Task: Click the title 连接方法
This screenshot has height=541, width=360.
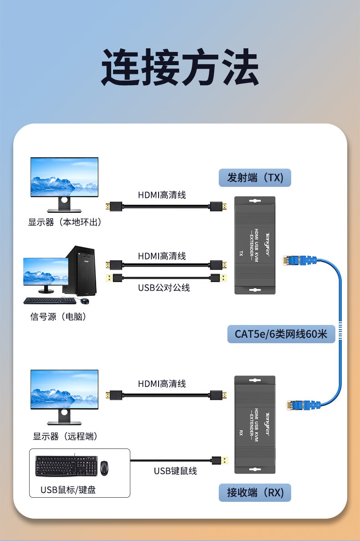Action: point(180,68)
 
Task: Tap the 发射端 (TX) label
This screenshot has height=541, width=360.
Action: point(255,177)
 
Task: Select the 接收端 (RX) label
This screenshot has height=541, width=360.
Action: point(255,493)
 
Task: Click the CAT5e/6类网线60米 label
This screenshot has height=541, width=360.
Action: point(281,334)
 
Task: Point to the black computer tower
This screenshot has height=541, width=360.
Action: point(81,271)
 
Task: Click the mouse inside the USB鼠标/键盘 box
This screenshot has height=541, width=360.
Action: point(105,468)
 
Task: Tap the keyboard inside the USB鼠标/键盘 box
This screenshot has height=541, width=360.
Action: point(66,466)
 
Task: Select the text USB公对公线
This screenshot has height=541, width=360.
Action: point(164,288)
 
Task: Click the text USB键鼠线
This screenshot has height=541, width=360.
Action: point(175,471)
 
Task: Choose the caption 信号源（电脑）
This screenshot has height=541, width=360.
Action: point(58,316)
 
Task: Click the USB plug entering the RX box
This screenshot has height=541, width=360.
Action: point(220,460)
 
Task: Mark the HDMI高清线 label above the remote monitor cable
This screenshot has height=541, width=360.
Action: point(162,384)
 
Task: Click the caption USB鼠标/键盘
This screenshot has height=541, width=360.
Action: point(68,490)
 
